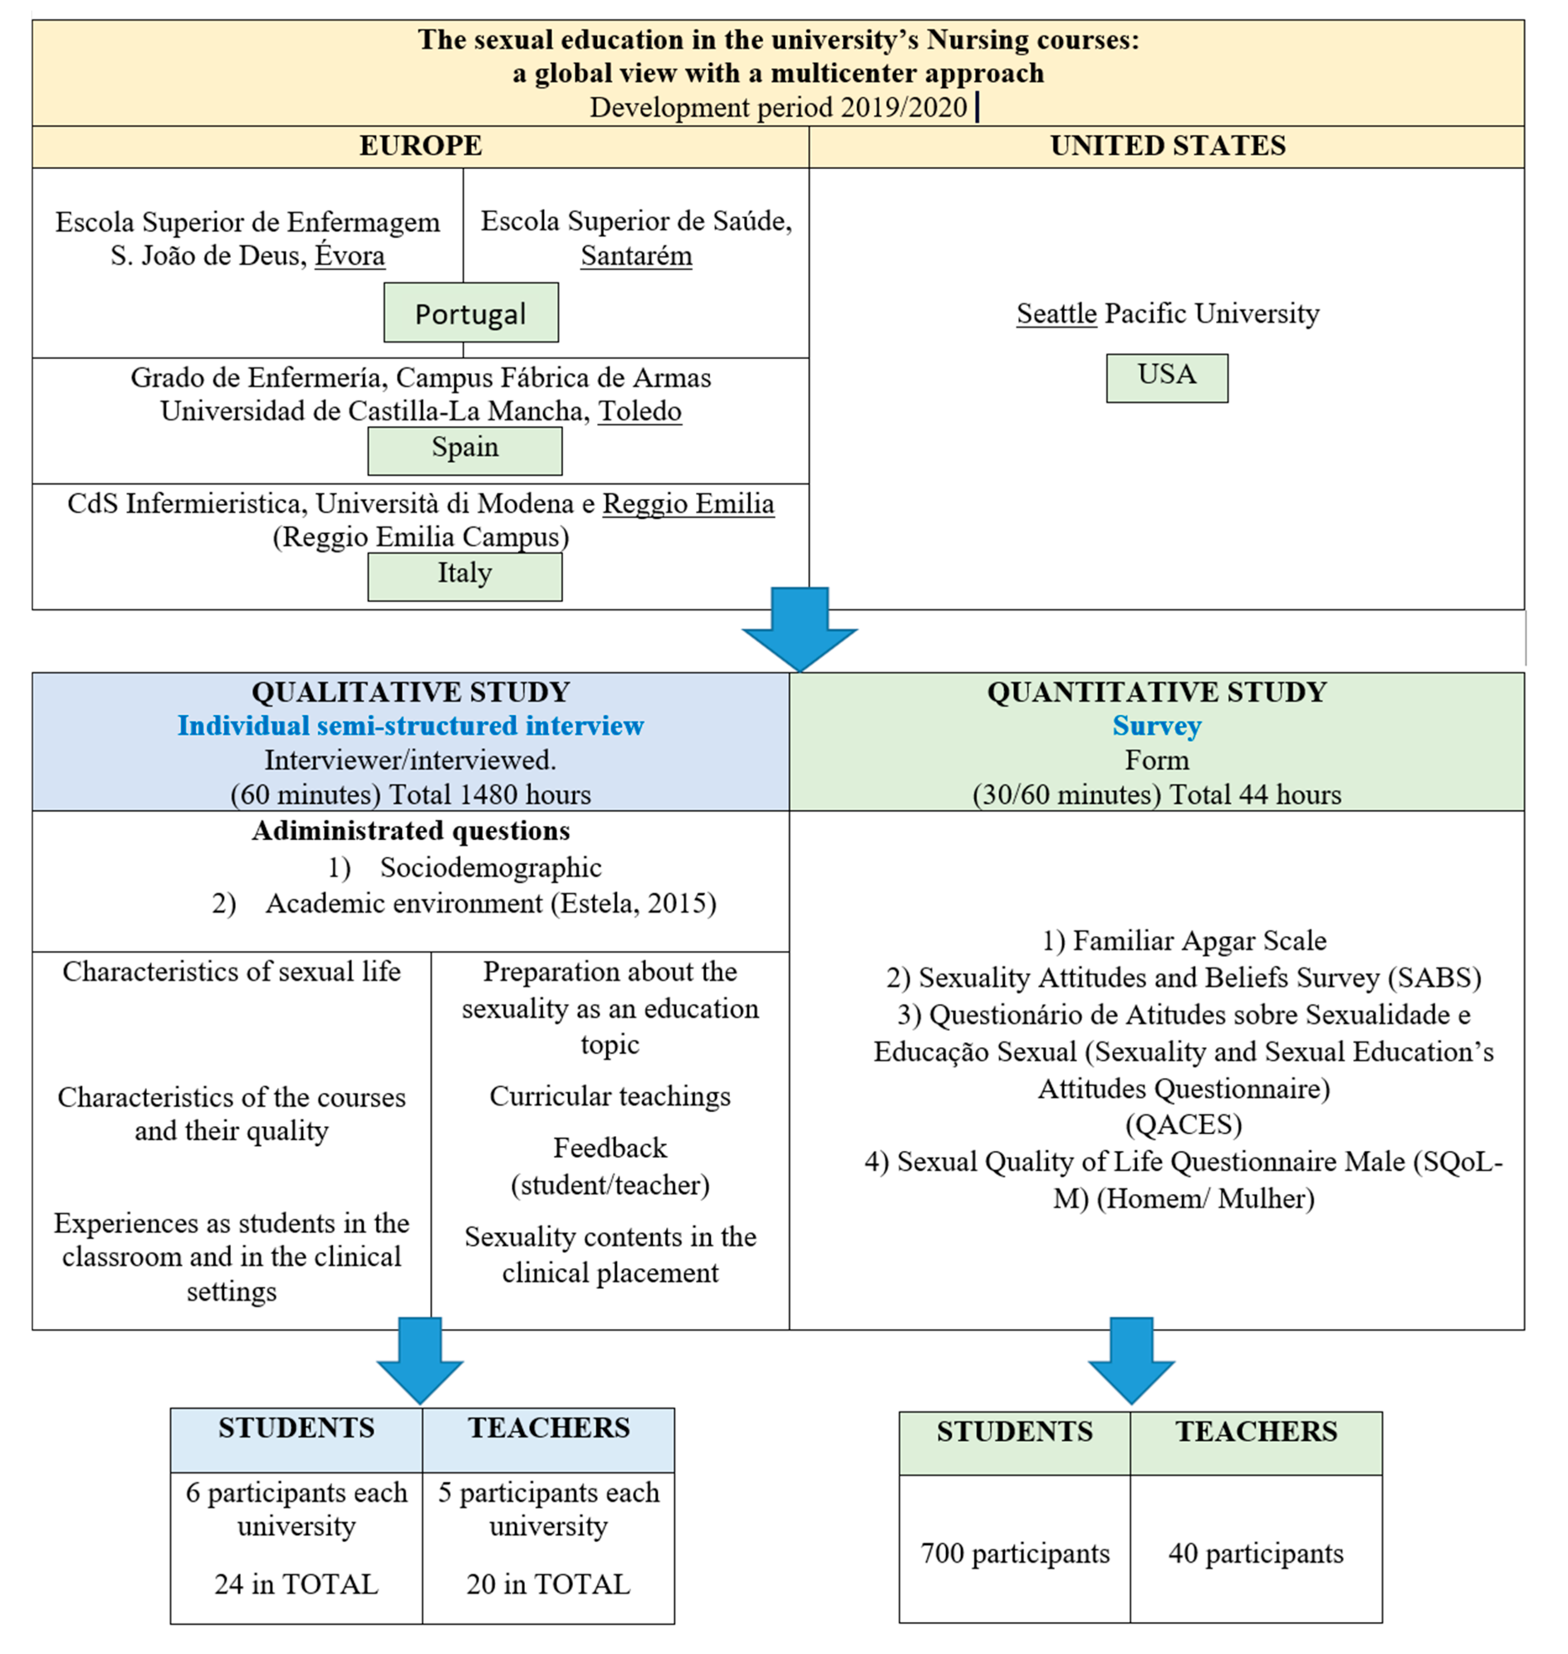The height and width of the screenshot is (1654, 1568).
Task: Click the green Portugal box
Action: click(x=470, y=313)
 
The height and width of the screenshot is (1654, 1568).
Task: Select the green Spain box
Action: click(x=465, y=450)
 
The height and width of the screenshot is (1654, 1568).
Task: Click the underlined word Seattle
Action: click(x=1056, y=314)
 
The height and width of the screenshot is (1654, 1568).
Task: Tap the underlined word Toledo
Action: click(x=639, y=410)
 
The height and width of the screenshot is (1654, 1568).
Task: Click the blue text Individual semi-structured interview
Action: click(x=410, y=726)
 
